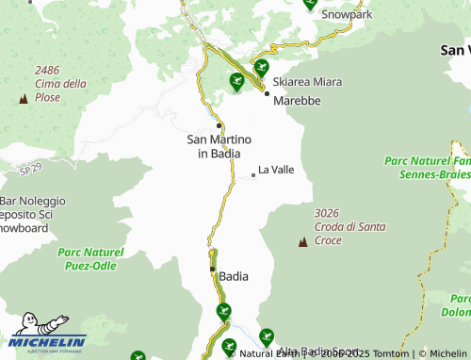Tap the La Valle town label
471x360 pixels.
click(276, 170)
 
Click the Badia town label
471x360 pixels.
click(234, 276)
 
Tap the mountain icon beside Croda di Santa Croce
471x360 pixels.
click(302, 243)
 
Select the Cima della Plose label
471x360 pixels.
click(60, 90)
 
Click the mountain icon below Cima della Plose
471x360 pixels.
click(23, 98)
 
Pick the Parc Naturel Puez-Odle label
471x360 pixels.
click(90, 259)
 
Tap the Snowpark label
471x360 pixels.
click(347, 15)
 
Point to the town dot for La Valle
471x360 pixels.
click(252, 174)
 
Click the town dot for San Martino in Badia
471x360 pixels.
click(219, 124)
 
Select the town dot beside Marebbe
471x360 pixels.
click(267, 93)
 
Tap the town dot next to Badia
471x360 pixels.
click(212, 269)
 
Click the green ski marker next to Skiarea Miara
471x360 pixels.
click(261, 68)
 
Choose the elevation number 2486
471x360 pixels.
click(48, 70)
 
